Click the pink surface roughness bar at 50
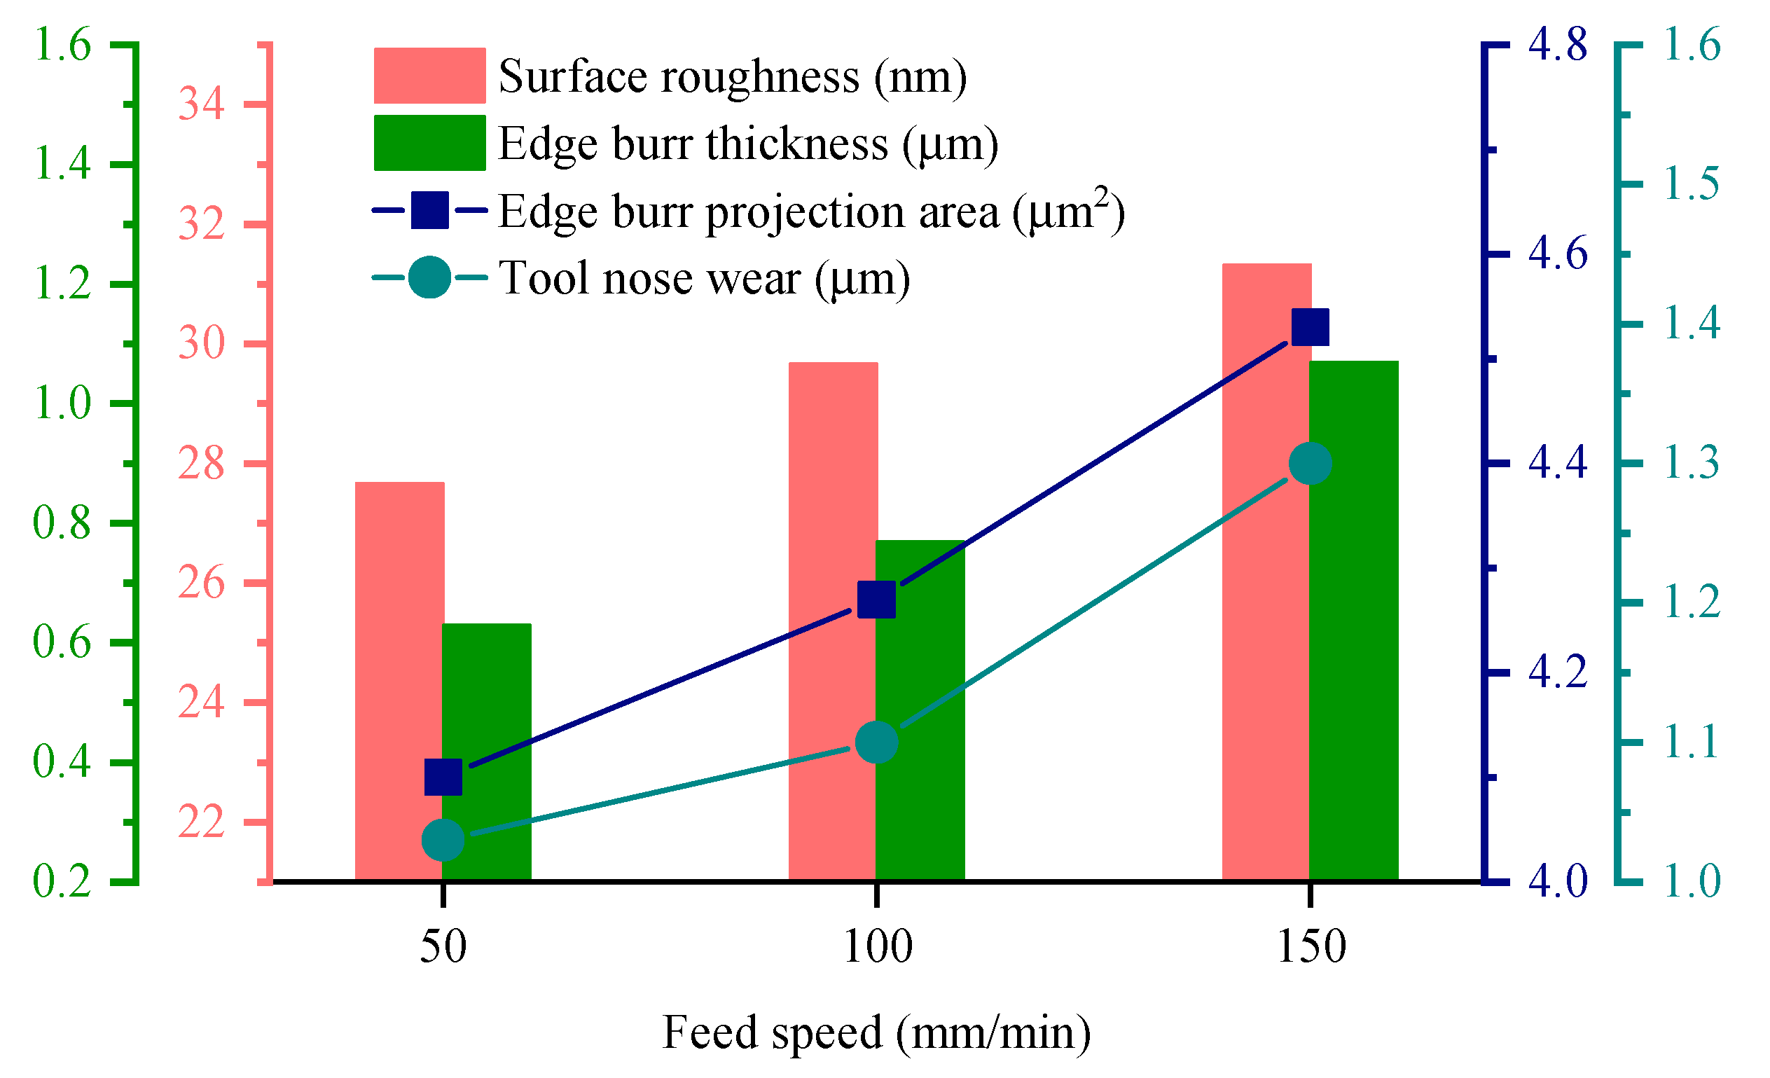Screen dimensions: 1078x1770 click(399, 682)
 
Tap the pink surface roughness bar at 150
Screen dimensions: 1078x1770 click(1266, 574)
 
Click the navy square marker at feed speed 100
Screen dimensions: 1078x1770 click(876, 600)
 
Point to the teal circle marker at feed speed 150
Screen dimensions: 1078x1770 click(1310, 463)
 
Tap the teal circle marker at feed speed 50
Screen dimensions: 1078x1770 click(443, 840)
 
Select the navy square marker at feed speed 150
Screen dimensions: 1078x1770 click(1310, 328)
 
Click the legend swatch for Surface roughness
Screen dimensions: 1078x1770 click(429, 76)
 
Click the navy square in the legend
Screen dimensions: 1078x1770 click(429, 210)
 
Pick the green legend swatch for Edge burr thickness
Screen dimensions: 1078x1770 click(429, 143)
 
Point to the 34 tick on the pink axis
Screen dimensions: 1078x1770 click(201, 104)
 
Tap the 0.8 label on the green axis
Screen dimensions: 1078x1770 click(62, 523)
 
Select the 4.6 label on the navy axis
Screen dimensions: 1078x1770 click(1557, 254)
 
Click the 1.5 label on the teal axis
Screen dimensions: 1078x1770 click(1692, 184)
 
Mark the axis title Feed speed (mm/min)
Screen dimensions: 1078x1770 click(876, 1032)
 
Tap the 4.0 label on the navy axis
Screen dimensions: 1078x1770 click(1557, 881)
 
